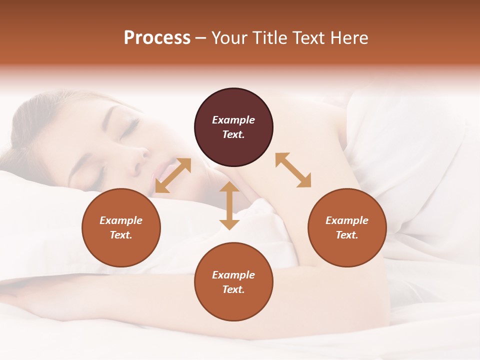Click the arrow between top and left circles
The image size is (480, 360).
pyautogui.click(x=173, y=175)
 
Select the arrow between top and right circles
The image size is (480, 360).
pyautogui.click(x=293, y=170)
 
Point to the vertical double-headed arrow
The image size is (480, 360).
pyautogui.click(x=229, y=205)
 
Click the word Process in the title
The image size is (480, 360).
pyautogui.click(x=157, y=37)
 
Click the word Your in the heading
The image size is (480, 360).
pyautogui.click(x=229, y=37)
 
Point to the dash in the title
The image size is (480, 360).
pyautogui.click(x=201, y=38)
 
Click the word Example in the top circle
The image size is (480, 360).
pyautogui.click(x=233, y=120)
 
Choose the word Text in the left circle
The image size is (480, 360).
pyautogui.click(x=121, y=235)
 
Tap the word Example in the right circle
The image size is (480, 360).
pyautogui.click(x=347, y=220)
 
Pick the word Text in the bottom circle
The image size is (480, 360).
pyautogui.click(x=233, y=289)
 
